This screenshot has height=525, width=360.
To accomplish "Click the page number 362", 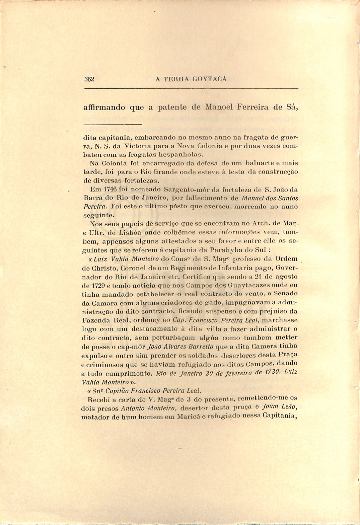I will click(x=90, y=79).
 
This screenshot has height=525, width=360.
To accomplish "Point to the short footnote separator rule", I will click(x=113, y=125).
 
